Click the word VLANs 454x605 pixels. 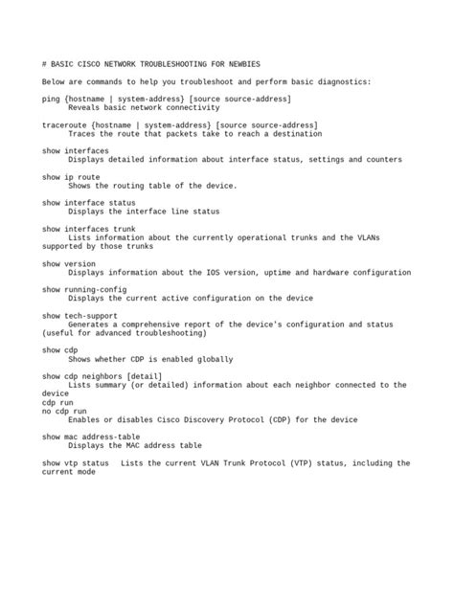click(x=392, y=237)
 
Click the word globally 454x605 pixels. click(x=214, y=359)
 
